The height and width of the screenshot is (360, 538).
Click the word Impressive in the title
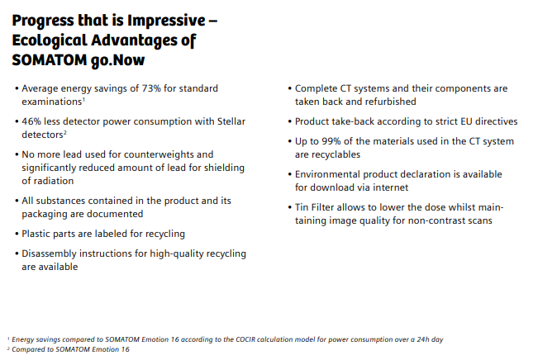tap(166, 21)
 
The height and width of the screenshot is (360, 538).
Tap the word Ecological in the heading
tap(49, 40)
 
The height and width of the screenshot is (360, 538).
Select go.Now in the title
tap(117, 60)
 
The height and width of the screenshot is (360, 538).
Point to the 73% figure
tap(151, 88)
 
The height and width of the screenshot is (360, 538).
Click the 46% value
tap(31, 121)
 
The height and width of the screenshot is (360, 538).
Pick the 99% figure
tap(331, 141)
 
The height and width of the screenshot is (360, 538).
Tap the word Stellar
tap(231, 121)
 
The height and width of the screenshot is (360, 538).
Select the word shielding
tap(225, 168)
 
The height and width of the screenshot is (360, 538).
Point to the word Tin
tap(302, 207)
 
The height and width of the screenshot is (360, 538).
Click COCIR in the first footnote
tap(245, 339)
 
